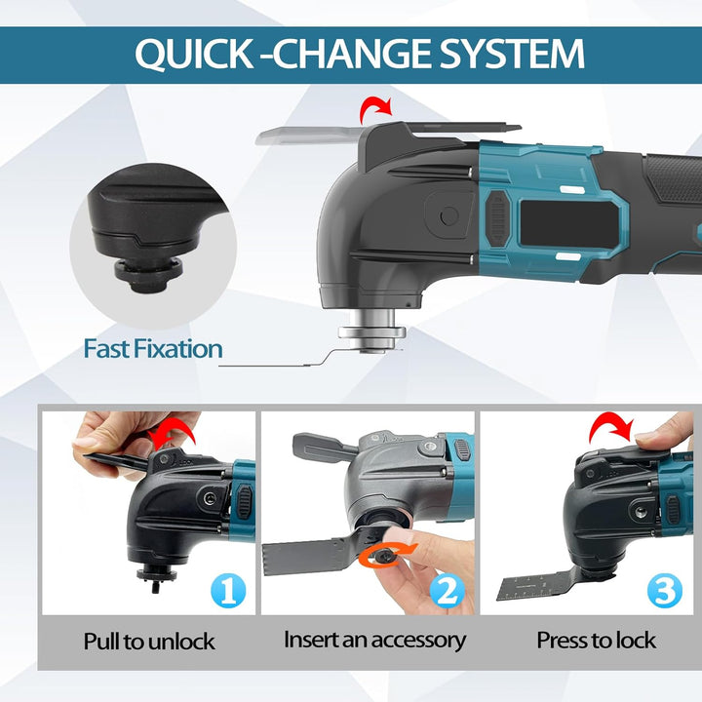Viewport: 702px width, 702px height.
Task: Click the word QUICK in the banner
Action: click(194, 54)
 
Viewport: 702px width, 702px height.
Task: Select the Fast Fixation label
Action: click(153, 349)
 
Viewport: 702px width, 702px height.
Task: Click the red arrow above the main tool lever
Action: click(376, 110)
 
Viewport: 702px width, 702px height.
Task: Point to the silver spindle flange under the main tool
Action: click(372, 332)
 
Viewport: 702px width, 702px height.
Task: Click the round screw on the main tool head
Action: click(449, 216)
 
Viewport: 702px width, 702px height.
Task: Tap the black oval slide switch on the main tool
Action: click(497, 218)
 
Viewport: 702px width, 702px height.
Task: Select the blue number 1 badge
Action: click(228, 591)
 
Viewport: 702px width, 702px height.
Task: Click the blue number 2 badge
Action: click(448, 591)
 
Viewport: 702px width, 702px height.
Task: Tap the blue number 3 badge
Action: click(665, 591)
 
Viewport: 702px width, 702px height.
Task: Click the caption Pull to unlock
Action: click(149, 642)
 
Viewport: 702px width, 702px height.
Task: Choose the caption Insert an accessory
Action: click(374, 641)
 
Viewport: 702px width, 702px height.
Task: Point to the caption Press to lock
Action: click(597, 641)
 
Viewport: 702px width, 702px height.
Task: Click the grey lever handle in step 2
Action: click(324, 445)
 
